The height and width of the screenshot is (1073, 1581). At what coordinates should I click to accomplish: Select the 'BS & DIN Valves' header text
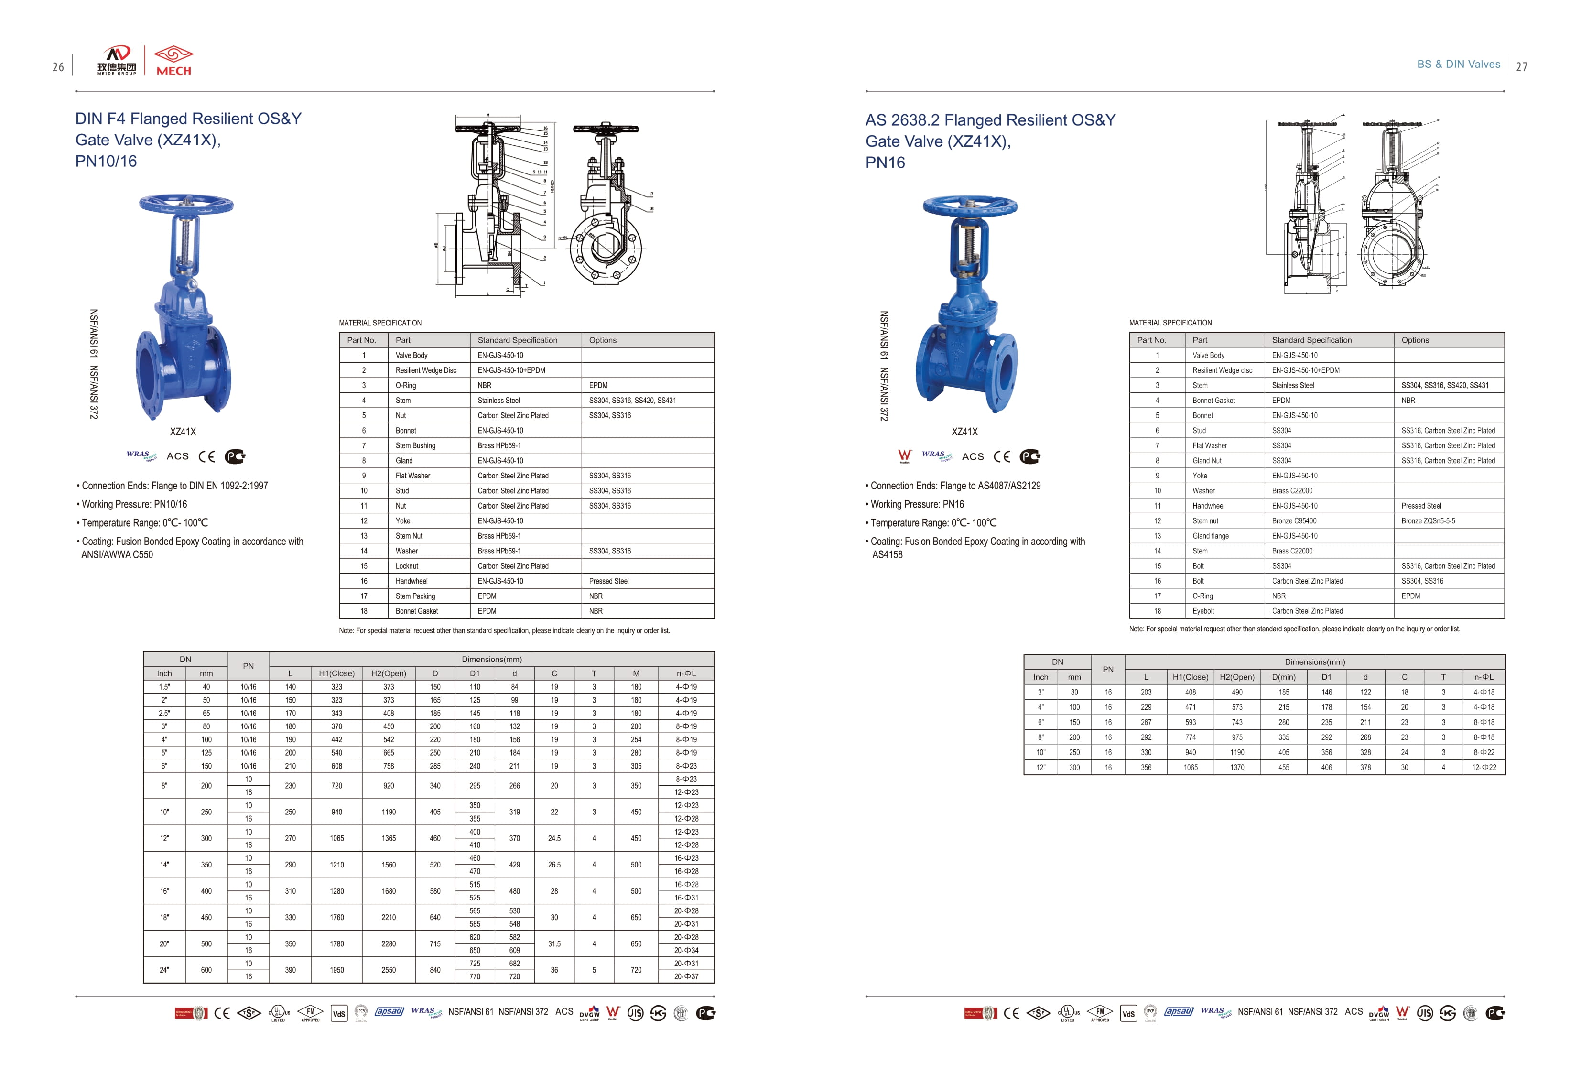[x=1458, y=65]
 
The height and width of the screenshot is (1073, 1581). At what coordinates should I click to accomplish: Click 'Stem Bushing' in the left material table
[x=415, y=445]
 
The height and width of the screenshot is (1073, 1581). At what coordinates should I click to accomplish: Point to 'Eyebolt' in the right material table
[x=1203, y=611]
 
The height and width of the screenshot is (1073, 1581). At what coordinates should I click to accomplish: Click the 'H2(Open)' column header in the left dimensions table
[x=389, y=673]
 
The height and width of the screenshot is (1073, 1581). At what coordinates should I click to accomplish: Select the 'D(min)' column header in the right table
[x=1283, y=677]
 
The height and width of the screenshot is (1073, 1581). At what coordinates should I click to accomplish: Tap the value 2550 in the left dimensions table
[x=389, y=970]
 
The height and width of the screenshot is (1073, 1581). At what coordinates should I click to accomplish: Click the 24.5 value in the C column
[x=554, y=838]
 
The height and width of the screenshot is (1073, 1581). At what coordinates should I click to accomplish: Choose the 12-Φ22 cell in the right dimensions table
[x=1484, y=768]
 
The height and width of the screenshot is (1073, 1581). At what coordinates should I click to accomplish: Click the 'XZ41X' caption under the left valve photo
[x=183, y=432]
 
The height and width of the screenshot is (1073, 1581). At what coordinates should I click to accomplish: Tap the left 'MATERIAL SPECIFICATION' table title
[x=380, y=323]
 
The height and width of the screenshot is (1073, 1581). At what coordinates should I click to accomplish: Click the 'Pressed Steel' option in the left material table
[x=608, y=581]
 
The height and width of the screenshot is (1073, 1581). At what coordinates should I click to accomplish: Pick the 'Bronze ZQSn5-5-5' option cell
[x=1428, y=521]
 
